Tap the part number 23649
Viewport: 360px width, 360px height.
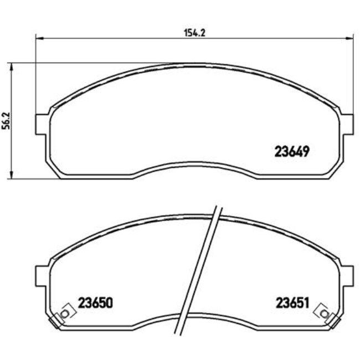(x=292, y=151)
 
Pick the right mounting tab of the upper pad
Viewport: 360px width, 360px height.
(x=347, y=123)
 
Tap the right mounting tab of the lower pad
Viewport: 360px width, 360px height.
(x=347, y=275)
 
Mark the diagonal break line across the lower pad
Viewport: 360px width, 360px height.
(x=198, y=271)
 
